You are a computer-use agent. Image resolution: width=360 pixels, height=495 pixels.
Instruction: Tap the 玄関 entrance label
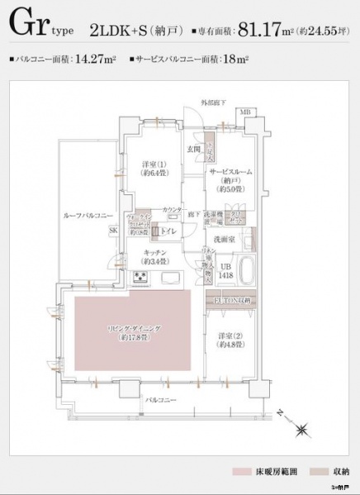coord(194,148)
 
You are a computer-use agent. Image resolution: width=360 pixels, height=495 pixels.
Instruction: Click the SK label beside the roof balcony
coord(112,232)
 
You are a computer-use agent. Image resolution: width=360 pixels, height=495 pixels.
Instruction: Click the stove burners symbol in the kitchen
coord(141,276)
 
